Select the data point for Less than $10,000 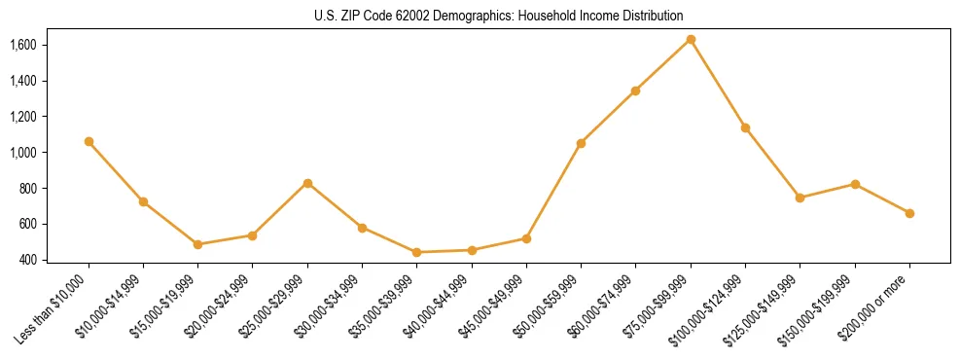(x=89, y=141)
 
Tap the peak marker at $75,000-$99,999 (x=691, y=39)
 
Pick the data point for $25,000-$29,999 (x=307, y=183)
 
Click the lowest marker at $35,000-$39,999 (x=416, y=252)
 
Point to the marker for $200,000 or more (x=909, y=213)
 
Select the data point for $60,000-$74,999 (x=635, y=90)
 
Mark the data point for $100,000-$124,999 (x=745, y=127)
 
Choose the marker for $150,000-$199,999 (x=855, y=184)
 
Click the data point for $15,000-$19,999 (x=197, y=244)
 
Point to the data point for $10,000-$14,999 (x=143, y=201)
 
